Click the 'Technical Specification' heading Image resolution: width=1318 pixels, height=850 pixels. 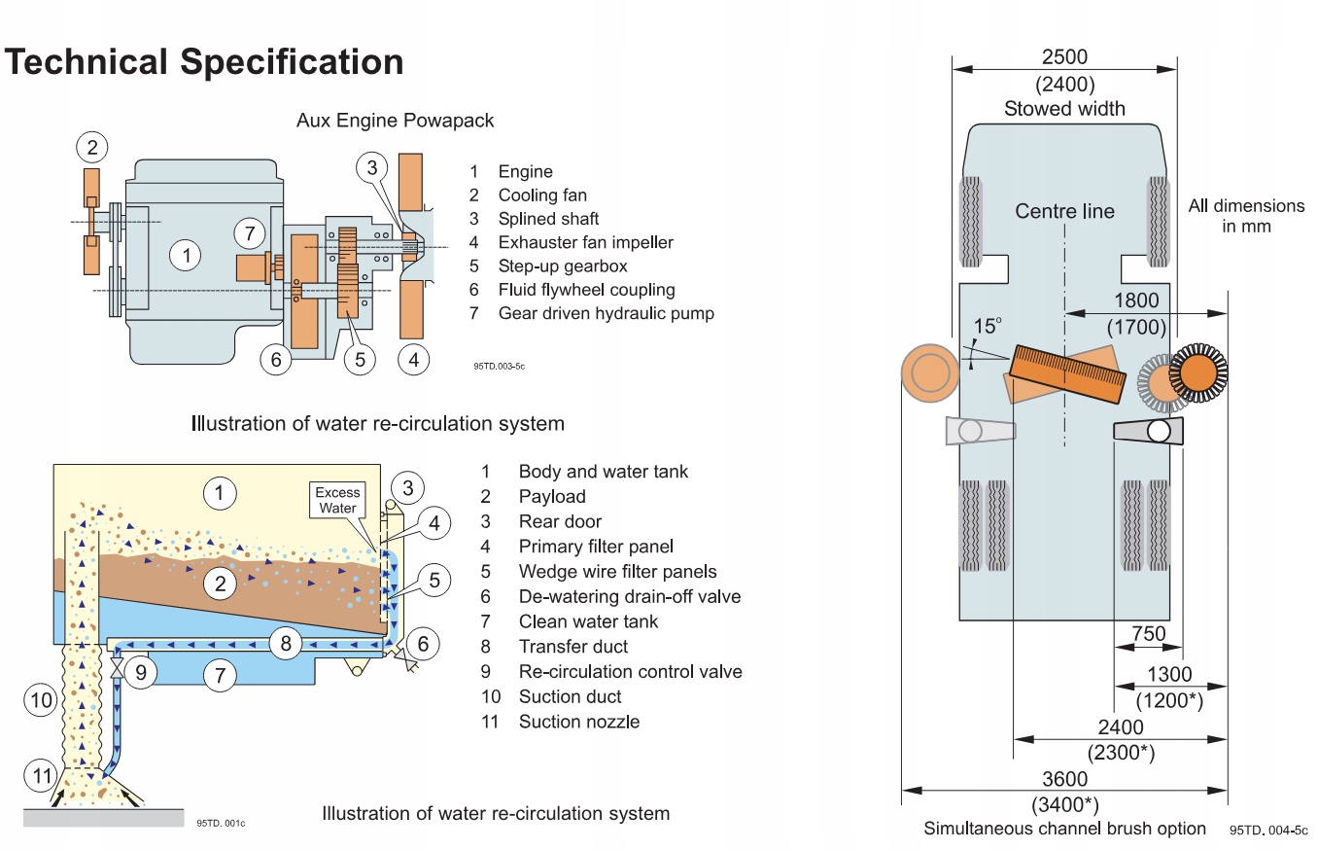204,62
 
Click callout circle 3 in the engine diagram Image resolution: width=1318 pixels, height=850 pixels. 371,166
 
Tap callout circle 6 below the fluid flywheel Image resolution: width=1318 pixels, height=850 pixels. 276,360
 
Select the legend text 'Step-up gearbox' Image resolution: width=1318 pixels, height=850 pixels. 563,266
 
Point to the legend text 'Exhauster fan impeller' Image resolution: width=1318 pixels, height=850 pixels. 585,242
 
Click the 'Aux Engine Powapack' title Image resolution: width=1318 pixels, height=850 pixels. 395,121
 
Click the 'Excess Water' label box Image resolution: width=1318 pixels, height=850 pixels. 337,500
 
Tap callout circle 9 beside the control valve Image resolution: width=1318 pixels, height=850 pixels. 141,672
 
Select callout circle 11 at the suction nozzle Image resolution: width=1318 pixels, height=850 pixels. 41,775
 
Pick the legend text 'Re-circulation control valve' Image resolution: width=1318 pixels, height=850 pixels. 630,671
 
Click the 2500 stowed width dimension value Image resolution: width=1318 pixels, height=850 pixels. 1064,58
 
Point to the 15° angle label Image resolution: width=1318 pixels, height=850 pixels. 988,324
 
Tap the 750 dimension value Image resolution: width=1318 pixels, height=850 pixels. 1148,633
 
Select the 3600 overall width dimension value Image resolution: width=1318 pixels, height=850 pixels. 1064,779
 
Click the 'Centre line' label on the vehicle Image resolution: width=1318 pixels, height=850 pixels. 1064,211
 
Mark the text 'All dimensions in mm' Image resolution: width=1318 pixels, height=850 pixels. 1246,216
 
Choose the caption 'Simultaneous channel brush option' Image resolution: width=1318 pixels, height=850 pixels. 1064,829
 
